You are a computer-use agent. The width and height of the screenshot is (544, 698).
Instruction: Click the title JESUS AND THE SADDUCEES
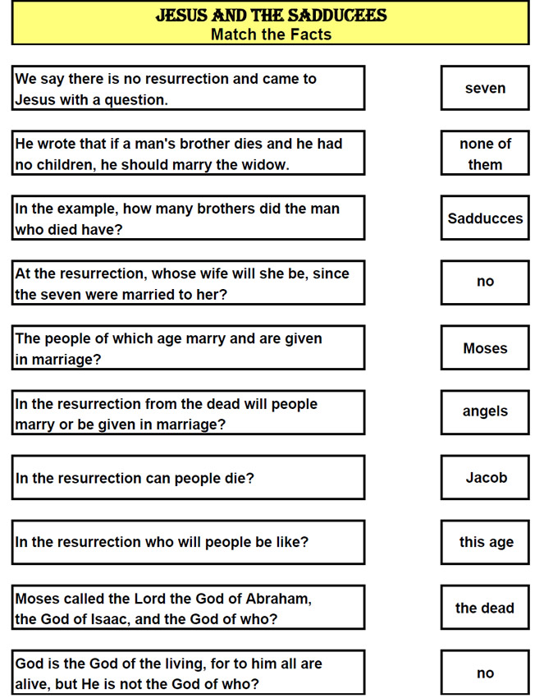[x=271, y=16]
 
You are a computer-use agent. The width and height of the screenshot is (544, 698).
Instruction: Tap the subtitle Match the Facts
[x=271, y=34]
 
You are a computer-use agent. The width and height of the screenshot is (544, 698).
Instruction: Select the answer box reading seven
[x=485, y=88]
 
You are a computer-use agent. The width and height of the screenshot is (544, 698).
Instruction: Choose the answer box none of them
[x=485, y=154]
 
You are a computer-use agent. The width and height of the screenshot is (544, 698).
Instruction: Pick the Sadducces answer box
[x=485, y=218]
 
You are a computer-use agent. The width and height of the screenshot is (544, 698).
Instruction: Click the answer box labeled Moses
[x=485, y=348]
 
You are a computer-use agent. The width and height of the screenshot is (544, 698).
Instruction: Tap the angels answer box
[x=485, y=411]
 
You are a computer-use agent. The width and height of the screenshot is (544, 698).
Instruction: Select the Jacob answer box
[x=486, y=477]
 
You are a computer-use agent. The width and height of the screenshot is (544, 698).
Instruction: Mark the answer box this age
[x=486, y=542]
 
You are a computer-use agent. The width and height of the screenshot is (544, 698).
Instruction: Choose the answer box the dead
[x=485, y=608]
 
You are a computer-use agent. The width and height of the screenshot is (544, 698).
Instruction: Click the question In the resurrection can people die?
[x=135, y=478]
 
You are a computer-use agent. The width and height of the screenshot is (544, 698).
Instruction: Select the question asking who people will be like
[x=162, y=543]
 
